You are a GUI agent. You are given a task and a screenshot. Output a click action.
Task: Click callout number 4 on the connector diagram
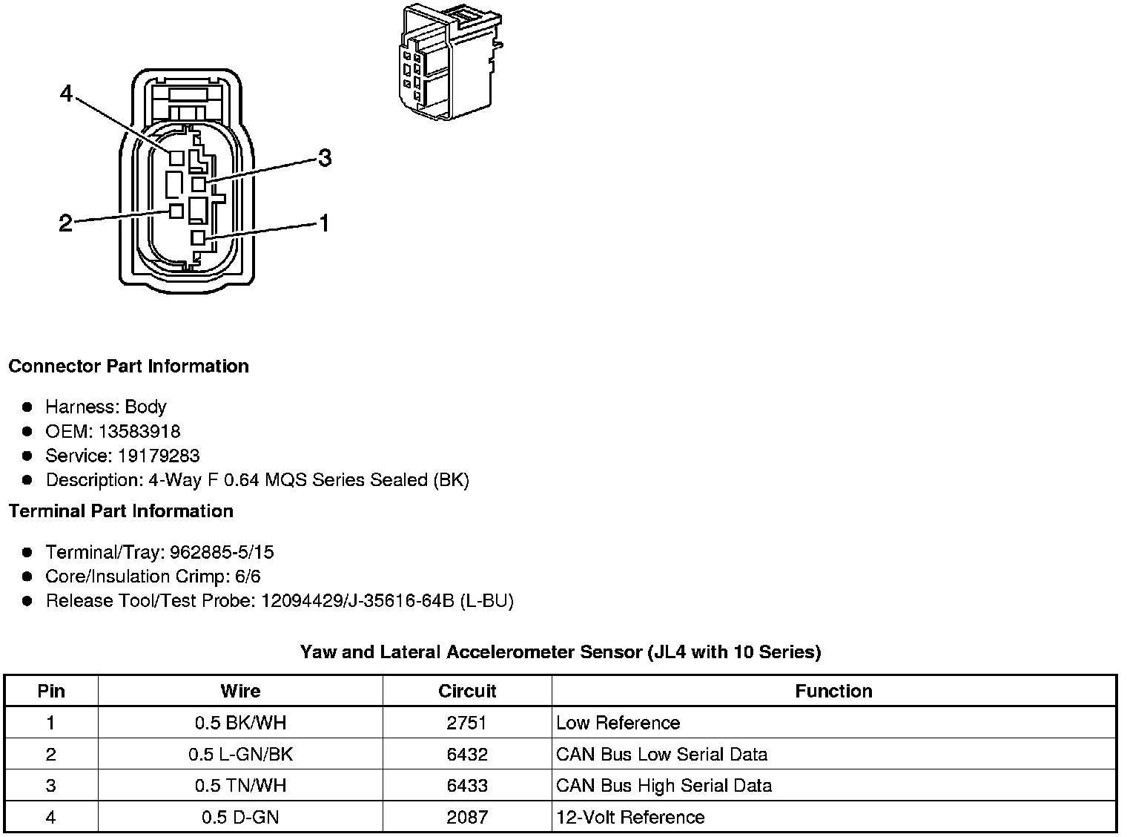click(x=67, y=94)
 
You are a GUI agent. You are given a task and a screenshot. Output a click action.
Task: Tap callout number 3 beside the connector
click(x=324, y=158)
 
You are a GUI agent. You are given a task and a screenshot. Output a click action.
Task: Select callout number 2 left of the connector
click(x=66, y=223)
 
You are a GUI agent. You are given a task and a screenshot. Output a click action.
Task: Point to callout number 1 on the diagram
click(x=324, y=223)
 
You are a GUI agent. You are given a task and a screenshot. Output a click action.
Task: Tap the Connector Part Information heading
click(x=129, y=366)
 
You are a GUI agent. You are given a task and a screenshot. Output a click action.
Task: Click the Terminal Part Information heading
click(x=121, y=511)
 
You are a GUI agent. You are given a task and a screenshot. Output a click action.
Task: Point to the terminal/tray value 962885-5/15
click(x=222, y=552)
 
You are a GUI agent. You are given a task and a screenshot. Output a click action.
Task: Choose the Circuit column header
click(x=467, y=691)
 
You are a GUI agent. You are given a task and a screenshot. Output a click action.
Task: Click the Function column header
click(x=833, y=691)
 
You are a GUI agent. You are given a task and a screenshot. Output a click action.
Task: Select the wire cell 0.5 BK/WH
click(x=240, y=723)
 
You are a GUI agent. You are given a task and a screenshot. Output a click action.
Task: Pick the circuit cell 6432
click(x=467, y=755)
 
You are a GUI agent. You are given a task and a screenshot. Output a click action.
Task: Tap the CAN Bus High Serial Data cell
click(x=664, y=786)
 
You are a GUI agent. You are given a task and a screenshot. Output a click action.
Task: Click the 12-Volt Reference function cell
click(x=630, y=817)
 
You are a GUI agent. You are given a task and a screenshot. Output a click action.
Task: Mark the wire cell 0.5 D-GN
click(x=240, y=817)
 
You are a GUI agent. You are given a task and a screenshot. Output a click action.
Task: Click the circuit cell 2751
click(x=467, y=723)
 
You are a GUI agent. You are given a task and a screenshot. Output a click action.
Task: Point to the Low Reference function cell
click(x=618, y=723)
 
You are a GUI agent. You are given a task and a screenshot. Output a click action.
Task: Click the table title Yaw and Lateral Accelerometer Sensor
click(x=561, y=652)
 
